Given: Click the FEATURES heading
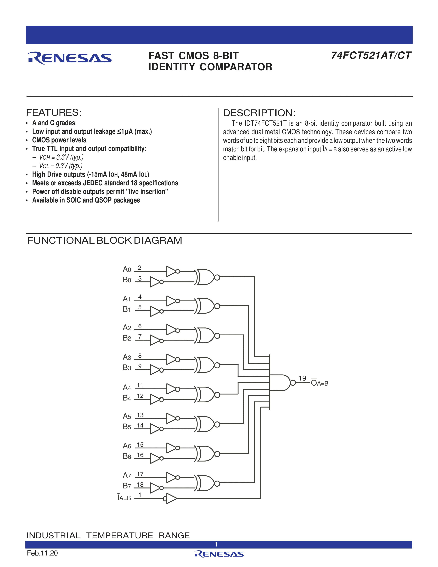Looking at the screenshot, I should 54,112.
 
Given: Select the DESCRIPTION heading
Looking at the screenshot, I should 259,113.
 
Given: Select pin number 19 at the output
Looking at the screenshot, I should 302,378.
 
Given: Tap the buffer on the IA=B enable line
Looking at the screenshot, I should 171,498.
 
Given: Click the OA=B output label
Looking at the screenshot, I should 319,383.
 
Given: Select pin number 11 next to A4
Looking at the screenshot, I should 140,385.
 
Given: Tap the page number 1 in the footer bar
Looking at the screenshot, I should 216,544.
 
